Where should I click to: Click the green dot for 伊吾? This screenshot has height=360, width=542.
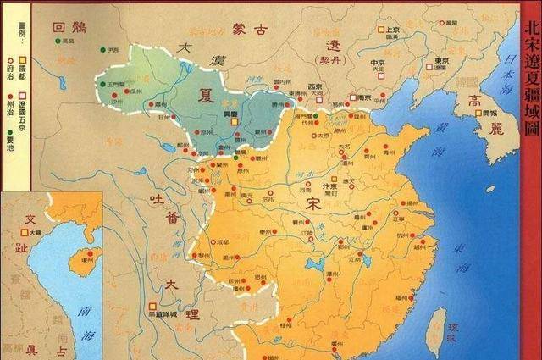coord(104,48)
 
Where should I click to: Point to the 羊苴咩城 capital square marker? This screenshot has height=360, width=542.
coord(152,305)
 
